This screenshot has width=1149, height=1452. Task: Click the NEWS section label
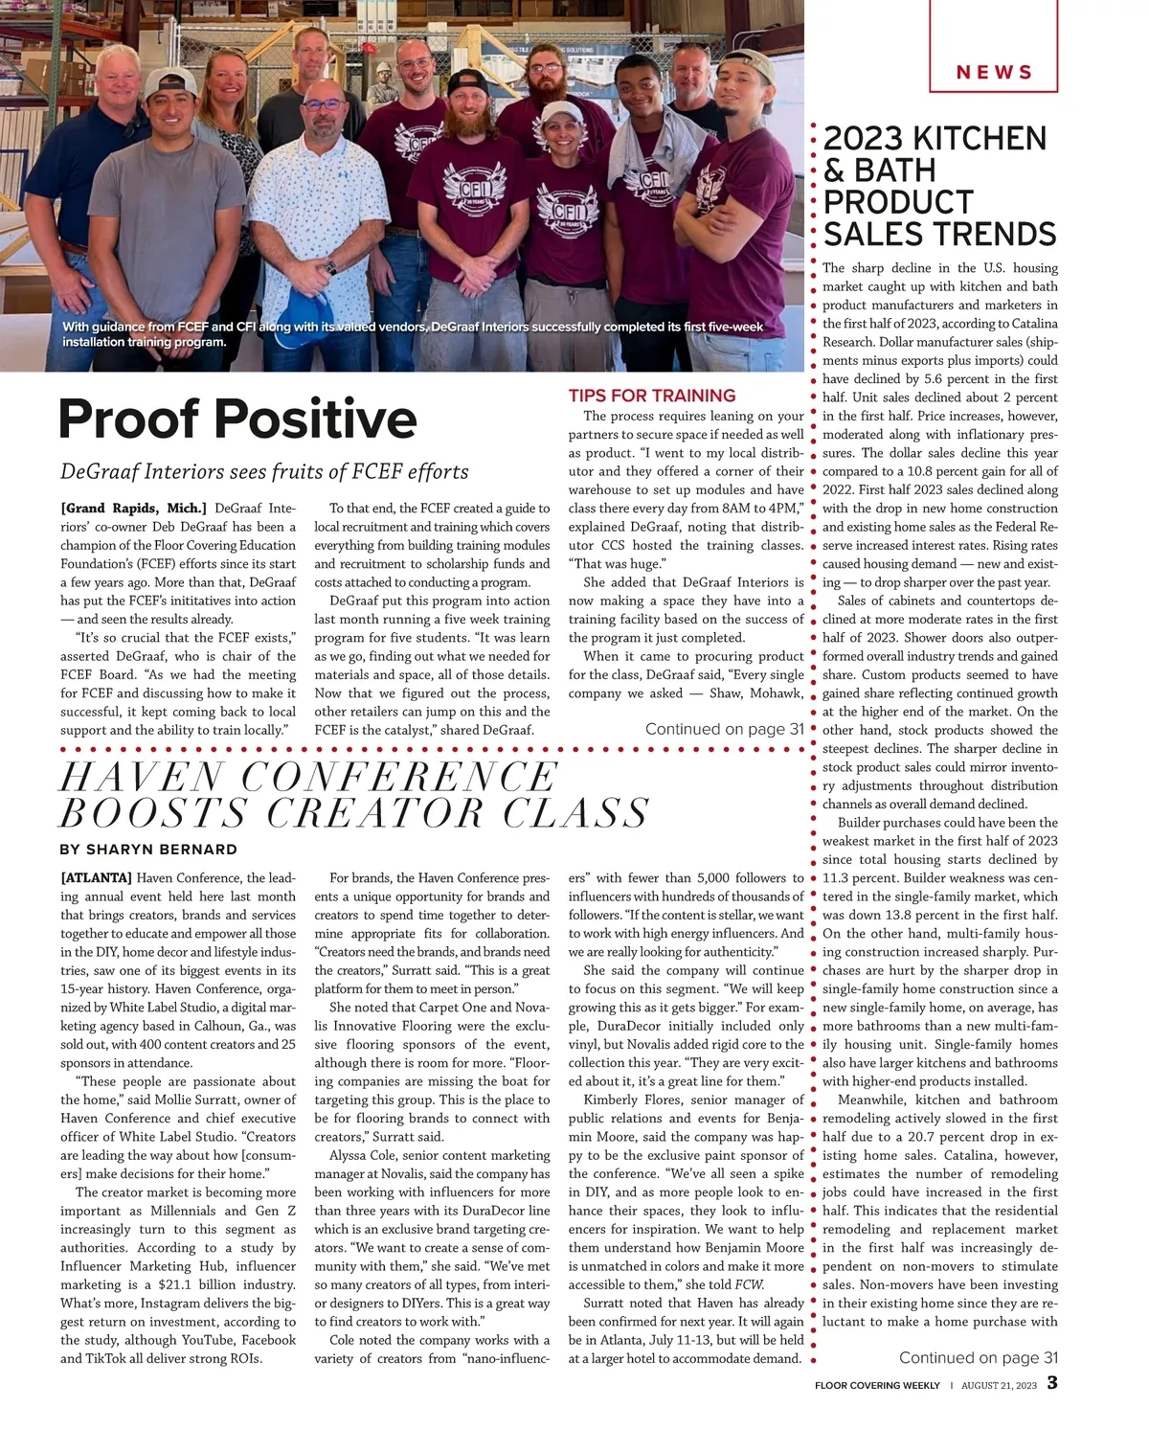994,73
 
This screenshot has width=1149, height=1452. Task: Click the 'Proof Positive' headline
237,419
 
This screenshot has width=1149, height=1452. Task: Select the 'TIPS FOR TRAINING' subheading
651,396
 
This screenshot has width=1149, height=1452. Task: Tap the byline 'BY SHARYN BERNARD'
147,849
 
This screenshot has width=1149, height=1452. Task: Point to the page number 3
1051,1383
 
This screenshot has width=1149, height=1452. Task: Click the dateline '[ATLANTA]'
96,877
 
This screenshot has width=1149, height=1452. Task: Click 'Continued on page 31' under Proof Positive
724,729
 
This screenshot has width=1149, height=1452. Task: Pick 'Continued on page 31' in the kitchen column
978,1357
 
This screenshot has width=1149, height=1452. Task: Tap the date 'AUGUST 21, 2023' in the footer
999,1385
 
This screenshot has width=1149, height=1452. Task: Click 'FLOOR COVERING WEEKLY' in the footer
877,1385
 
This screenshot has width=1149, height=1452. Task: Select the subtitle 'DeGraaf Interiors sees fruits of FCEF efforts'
264,471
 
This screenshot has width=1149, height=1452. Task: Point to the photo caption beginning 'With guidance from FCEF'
412,333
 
